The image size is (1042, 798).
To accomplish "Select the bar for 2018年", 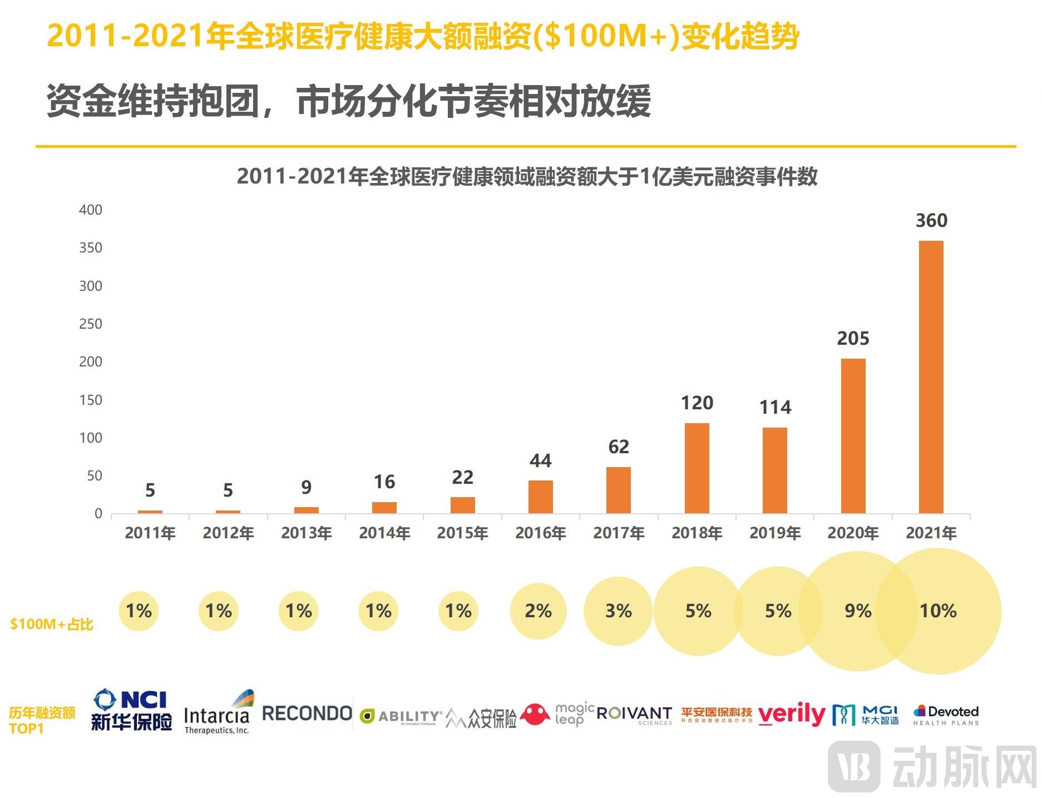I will pyautogui.click(x=697, y=468).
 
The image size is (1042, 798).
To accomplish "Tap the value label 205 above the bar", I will pyautogui.click(x=852, y=338).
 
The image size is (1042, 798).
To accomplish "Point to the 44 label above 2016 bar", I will pyautogui.click(x=540, y=460).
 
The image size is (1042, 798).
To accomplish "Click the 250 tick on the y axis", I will pyautogui.click(x=91, y=324).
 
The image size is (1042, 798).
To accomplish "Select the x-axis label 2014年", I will pyautogui.click(x=384, y=533).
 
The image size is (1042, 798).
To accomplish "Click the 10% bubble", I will pyautogui.click(x=938, y=611).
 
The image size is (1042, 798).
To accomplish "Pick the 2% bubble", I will pyautogui.click(x=538, y=611).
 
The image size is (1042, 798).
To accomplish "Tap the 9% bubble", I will pyautogui.click(x=857, y=611).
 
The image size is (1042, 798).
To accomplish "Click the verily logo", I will pyautogui.click(x=792, y=714).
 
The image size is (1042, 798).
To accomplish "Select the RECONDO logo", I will pyautogui.click(x=307, y=713).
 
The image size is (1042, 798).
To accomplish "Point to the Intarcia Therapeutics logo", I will pyautogui.click(x=218, y=714).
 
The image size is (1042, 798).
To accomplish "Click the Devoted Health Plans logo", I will pyautogui.click(x=946, y=715).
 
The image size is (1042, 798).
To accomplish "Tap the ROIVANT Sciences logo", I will pyautogui.click(x=634, y=715).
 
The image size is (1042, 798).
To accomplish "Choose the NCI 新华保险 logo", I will pyautogui.click(x=131, y=711).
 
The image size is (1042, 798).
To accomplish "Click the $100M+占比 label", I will pyautogui.click(x=51, y=624).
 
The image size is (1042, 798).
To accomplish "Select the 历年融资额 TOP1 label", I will pyautogui.click(x=42, y=720).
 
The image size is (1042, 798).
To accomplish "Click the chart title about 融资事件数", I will pyautogui.click(x=526, y=176).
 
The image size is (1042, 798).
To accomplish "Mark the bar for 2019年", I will pyautogui.click(x=774, y=470).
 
